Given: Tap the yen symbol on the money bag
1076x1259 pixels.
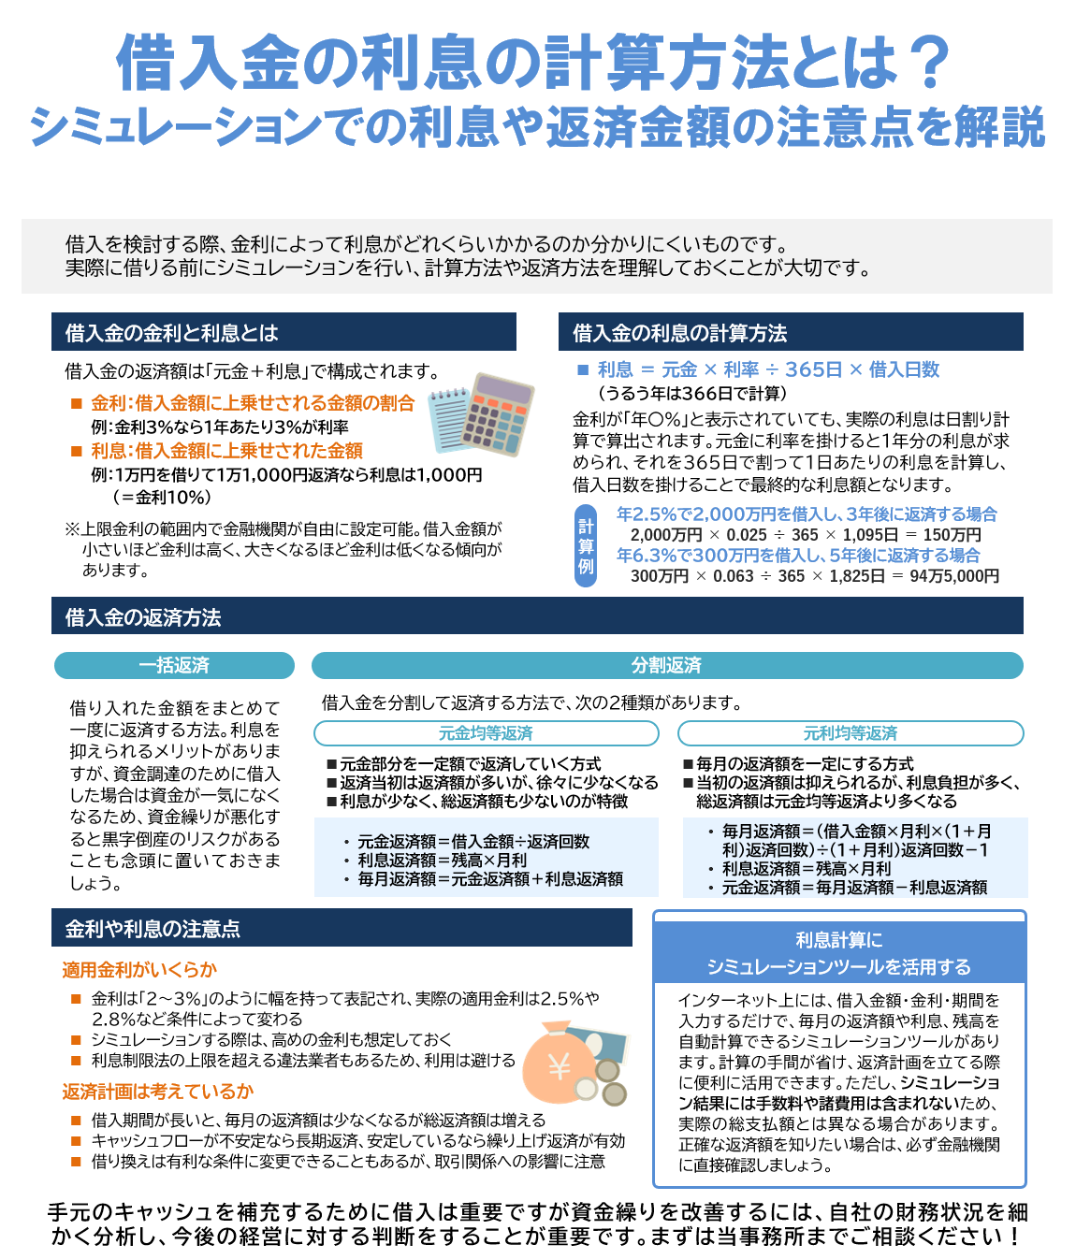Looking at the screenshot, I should coord(560,1066).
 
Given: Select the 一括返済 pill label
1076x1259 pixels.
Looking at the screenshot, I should coord(174,665).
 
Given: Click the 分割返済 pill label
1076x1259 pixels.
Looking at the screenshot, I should coord(666,665).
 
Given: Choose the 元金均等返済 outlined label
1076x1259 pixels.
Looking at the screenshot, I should coord(486,733).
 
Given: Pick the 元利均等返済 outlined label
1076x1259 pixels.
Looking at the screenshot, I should coord(850,733).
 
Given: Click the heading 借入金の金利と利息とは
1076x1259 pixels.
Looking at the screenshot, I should coord(172,333).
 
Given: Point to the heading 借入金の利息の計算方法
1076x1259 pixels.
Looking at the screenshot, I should coord(679,333).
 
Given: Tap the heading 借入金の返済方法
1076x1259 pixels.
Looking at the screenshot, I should coord(143,617).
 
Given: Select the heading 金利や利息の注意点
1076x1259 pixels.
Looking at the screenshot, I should coord(153,929).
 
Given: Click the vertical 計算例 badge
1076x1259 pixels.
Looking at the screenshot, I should coord(586,546).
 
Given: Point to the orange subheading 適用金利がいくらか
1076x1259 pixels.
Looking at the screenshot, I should coord(139,970).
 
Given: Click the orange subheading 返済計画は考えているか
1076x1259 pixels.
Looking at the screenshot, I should coord(158,1092).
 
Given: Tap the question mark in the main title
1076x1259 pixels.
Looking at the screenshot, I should coord(929,64).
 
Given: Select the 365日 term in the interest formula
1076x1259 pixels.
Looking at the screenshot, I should coord(814,369).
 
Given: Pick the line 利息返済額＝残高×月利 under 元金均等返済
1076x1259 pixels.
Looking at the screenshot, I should coord(443,861).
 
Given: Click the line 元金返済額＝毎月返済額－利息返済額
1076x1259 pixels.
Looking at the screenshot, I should coord(854,888).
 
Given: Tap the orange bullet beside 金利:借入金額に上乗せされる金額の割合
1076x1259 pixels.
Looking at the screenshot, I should coord(77,404).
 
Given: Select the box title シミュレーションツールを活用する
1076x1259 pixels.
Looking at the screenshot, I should coord(838,967).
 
